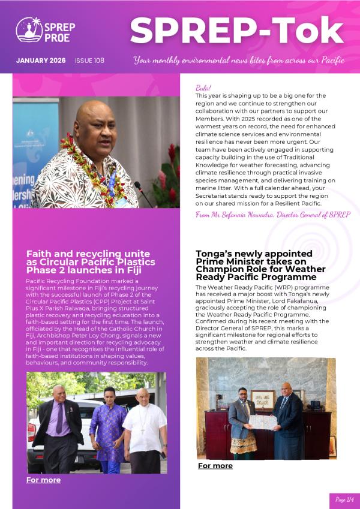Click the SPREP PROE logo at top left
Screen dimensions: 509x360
tap(38, 29)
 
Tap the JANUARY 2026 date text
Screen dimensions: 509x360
tap(41, 61)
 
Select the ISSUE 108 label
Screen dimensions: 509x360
tap(89, 61)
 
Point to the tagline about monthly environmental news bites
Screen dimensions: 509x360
tap(239, 61)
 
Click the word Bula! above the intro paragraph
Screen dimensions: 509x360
tap(203, 88)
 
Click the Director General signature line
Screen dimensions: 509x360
tap(273, 214)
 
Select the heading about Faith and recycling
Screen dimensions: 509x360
tap(90, 262)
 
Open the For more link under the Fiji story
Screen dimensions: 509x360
tap(43, 480)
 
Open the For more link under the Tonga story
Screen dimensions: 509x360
tap(215, 465)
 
